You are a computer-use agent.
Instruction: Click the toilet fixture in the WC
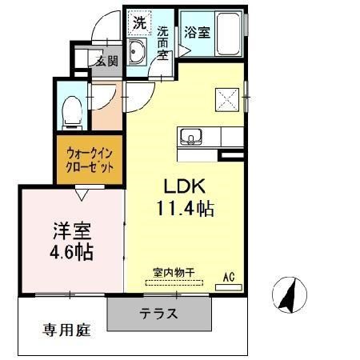tap(72, 113)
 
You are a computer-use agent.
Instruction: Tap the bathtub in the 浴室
tap(229, 34)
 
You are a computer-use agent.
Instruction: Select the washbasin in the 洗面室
tap(137, 51)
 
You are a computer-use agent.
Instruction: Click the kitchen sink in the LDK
tap(191, 137)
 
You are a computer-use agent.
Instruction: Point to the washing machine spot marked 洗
tap(140, 23)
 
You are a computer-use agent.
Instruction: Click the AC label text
tap(229, 277)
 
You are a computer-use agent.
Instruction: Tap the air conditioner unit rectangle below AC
tap(229, 287)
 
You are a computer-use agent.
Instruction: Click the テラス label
tap(158, 313)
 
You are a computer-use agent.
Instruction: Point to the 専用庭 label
tap(67, 330)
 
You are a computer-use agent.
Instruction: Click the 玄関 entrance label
tap(107, 62)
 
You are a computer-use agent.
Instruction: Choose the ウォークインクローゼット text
tap(90, 160)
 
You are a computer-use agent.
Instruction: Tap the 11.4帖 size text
tap(186, 208)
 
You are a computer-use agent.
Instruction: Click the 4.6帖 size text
tap(71, 252)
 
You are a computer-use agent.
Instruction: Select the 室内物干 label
tap(174, 273)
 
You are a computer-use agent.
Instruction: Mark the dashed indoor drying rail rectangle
tap(174, 282)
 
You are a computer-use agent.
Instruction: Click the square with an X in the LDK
tap(227, 100)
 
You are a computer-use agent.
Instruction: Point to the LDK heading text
tap(185, 186)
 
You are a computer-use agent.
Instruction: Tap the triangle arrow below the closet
tap(82, 194)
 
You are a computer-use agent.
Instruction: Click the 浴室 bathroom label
tap(198, 32)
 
